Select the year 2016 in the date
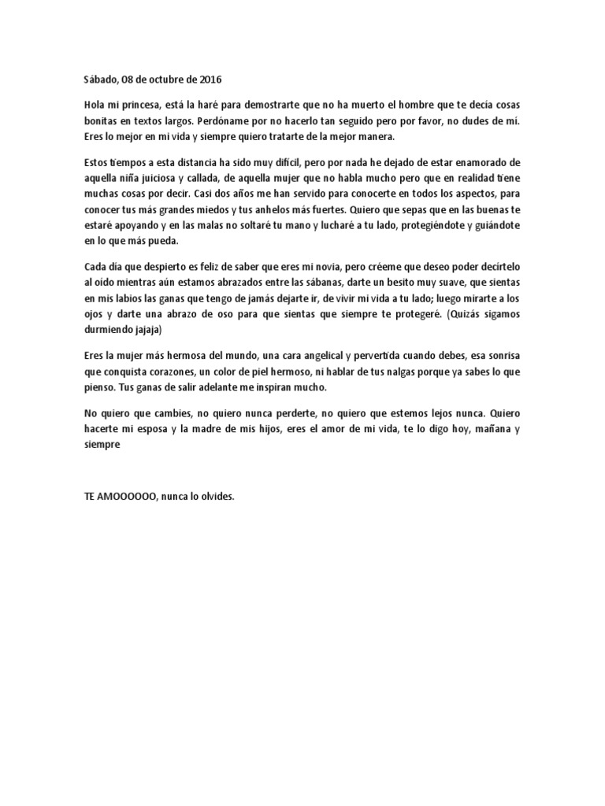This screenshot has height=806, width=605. pos(210,79)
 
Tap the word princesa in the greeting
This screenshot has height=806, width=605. pos(137,105)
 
